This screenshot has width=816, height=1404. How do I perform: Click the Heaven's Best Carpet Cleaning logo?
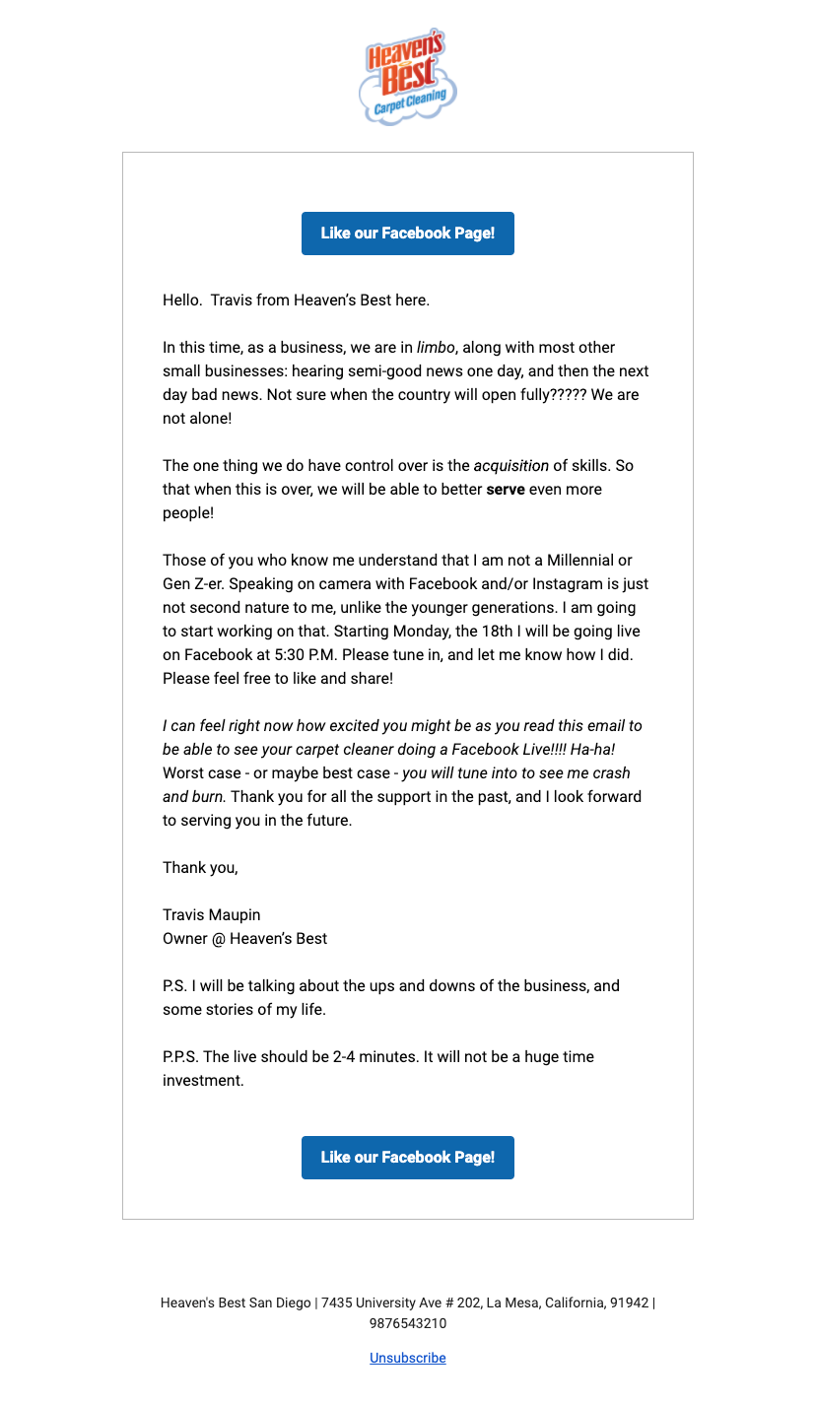408,76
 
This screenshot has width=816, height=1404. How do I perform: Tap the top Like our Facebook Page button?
408,234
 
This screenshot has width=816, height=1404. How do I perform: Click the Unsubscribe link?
408,1358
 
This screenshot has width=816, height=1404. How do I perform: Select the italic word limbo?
436,348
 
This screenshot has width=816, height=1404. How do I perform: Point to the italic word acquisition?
510,466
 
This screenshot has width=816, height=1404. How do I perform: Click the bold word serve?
506,490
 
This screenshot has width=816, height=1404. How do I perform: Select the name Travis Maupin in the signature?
212,915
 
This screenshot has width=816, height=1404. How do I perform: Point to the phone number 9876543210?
408,1323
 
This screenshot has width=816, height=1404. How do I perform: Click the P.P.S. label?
181,1057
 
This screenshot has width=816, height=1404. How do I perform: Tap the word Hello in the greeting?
181,301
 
